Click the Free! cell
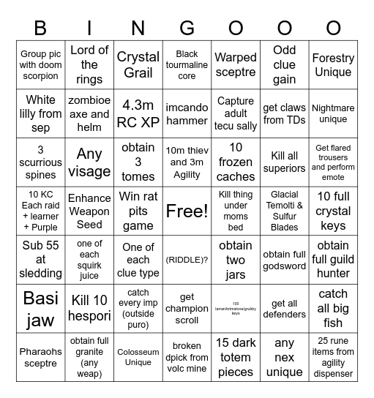187,211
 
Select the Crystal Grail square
138,64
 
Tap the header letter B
40,28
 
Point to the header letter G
187,28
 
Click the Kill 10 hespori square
89,308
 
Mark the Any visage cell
89,162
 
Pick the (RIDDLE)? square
187,260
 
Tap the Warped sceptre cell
236,64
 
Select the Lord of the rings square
89,64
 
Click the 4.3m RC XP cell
138,113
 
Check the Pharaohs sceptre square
40,357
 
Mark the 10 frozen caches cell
236,162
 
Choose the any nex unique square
285,357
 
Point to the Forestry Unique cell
333,64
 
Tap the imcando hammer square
187,113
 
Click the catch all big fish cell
333,308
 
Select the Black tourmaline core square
187,64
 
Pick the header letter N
138,28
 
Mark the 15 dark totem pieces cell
236,357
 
